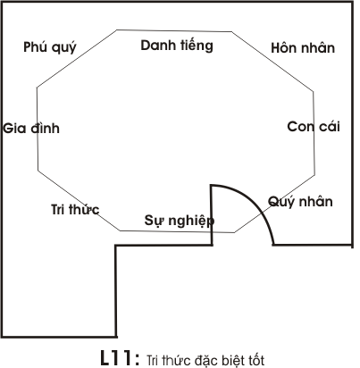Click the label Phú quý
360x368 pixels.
coord(50,47)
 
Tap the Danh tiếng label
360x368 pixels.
coord(177,46)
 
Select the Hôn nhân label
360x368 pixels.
coord(303,47)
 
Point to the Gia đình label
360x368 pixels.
coord(31,128)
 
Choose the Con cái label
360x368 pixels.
coord(314,126)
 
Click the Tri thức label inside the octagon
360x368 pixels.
coord(75,209)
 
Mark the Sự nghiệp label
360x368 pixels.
coord(180,221)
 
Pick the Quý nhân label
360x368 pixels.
coord(300,202)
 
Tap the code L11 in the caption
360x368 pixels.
coord(115,357)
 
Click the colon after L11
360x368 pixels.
coord(137,359)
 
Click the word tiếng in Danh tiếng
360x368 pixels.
coord(197,46)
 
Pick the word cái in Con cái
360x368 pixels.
coord(330,126)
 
